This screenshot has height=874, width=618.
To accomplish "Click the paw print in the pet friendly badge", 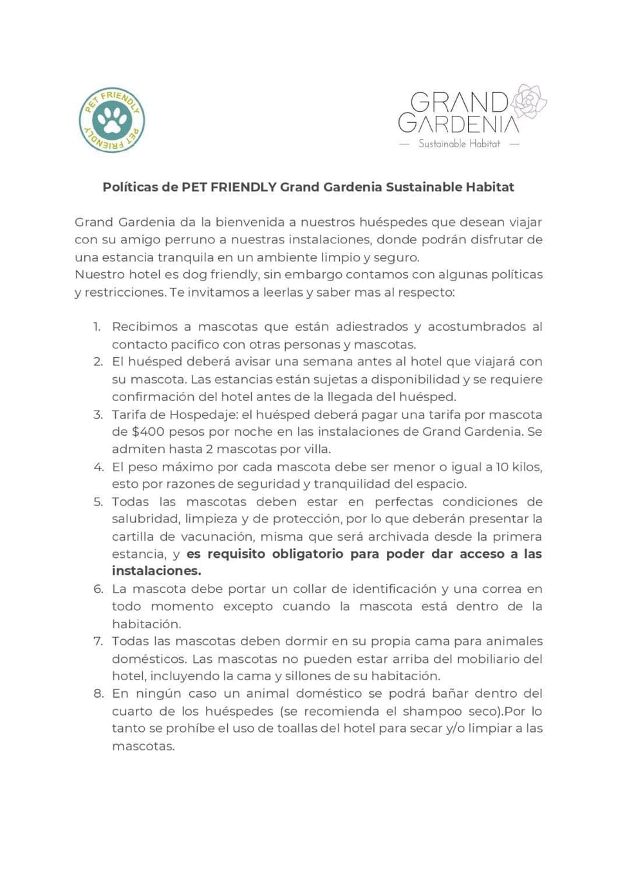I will pos(112,120).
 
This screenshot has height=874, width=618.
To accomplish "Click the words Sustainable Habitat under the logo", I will pos(459,144).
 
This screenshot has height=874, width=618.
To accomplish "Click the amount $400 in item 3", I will pos(148,431).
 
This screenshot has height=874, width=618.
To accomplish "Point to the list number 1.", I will pos(97,327).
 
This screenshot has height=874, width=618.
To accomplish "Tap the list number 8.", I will pos(98,694).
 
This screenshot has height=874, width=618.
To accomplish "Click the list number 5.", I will pos(98,502).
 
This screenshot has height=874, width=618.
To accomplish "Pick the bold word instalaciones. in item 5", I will pos(156,571).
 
